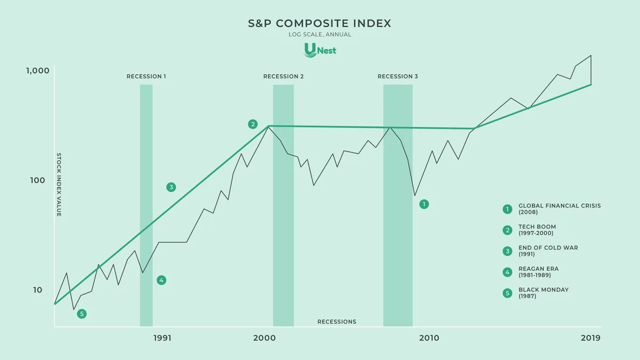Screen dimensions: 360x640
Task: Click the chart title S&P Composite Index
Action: (319, 23)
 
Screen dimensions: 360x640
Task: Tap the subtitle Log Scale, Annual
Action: (320, 35)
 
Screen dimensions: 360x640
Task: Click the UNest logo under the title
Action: (320, 50)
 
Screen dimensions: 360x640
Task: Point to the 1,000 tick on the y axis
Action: (38, 71)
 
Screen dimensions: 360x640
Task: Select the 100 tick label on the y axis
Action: (40, 180)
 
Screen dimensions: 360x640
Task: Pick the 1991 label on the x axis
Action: (162, 338)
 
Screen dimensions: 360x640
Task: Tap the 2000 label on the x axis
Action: (265, 338)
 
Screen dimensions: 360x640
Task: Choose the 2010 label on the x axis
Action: (429, 338)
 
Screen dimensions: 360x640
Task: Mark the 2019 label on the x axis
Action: (590, 338)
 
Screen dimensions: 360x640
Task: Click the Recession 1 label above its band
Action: (146, 76)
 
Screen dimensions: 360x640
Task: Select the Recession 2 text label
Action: (283, 76)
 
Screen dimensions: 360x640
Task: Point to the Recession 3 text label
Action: (398, 76)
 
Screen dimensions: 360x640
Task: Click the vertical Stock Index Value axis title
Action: (59, 185)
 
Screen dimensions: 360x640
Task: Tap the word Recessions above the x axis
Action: (337, 322)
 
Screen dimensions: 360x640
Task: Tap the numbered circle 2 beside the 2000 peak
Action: (253, 124)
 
